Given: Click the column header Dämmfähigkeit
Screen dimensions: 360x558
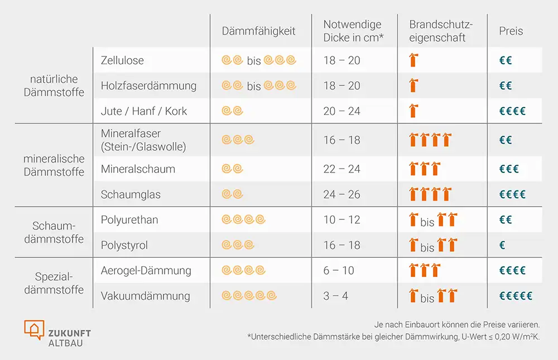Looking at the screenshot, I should click(258, 31).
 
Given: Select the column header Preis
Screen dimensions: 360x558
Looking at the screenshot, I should click(511, 31).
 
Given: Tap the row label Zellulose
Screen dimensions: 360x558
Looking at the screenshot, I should click(122, 60).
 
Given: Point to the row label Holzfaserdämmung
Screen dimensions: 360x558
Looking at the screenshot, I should click(148, 86).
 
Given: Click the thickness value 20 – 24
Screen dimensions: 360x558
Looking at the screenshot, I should click(341, 111).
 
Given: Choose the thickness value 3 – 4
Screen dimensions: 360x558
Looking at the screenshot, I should click(336, 296).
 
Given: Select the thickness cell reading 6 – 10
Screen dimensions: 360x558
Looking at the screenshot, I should click(339, 271).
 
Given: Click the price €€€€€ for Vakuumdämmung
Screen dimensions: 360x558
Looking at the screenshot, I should click(516, 296).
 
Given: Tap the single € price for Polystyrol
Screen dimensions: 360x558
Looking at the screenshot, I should click(502, 246).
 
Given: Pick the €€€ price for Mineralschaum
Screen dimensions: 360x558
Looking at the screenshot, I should click(509, 169).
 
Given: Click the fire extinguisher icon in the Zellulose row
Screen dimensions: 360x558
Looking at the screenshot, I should click(413, 60).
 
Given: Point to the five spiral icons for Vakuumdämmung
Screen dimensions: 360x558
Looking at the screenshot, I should click(249, 296).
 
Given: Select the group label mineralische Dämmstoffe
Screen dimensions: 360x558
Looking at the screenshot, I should click(54, 165).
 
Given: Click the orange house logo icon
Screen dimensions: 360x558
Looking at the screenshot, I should click(34, 329).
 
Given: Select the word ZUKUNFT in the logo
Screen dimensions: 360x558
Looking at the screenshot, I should click(69, 333).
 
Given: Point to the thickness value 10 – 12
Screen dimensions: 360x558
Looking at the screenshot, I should click(341, 220).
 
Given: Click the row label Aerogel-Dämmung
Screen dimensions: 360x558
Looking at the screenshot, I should click(146, 271).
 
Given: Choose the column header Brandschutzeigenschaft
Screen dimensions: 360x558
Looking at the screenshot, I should click(441, 31).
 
